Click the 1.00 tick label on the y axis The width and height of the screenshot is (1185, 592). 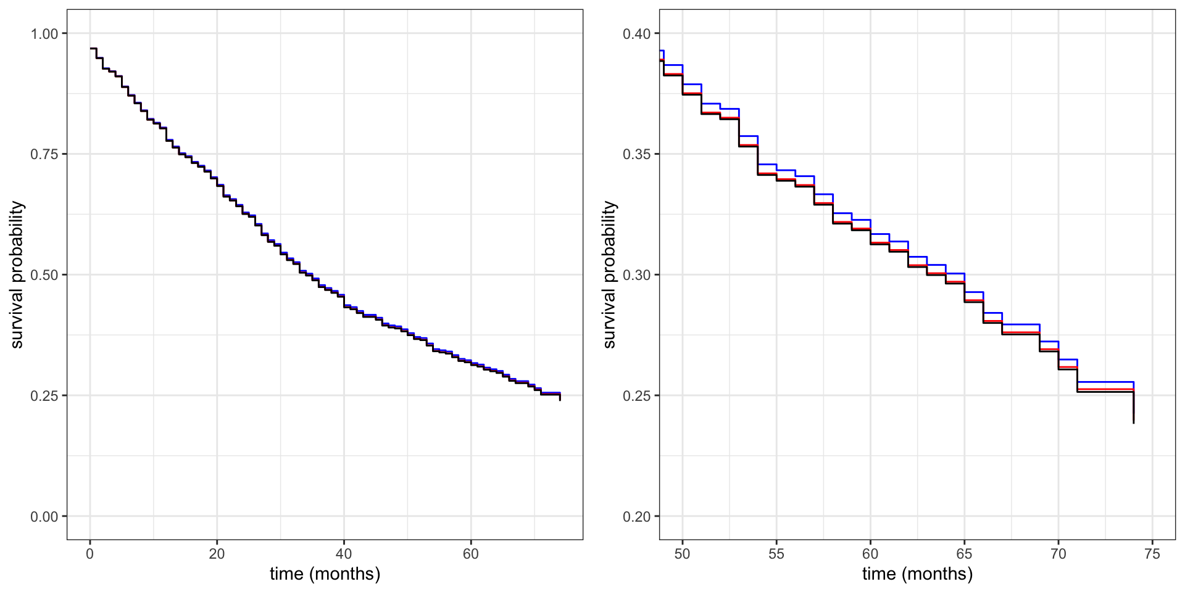pos(44,33)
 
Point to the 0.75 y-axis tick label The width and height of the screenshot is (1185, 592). pos(44,154)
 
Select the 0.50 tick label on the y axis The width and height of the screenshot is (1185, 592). pos(44,275)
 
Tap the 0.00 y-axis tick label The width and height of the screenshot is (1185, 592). pos(44,517)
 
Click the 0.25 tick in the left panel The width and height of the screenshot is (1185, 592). pos(44,396)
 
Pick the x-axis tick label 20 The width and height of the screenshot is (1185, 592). pos(217,554)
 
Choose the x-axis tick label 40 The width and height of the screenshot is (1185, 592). pos(344,554)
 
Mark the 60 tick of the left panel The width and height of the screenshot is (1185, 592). pos(471,554)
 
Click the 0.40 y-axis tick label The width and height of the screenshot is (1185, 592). pos(637,33)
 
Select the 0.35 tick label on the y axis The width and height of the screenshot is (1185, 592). pos(637,154)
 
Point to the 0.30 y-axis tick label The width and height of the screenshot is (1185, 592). pos(637,275)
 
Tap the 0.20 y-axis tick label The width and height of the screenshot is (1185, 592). pos(637,517)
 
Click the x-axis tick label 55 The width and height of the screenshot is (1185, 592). pos(776,554)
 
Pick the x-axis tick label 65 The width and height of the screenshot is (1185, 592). pos(964,554)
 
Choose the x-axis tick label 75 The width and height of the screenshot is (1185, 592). pos(1152,554)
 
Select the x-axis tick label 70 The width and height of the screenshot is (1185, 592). pos(1058,554)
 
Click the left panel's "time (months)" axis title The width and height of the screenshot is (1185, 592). pos(325,574)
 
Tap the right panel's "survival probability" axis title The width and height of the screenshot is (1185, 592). pos(609,274)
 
